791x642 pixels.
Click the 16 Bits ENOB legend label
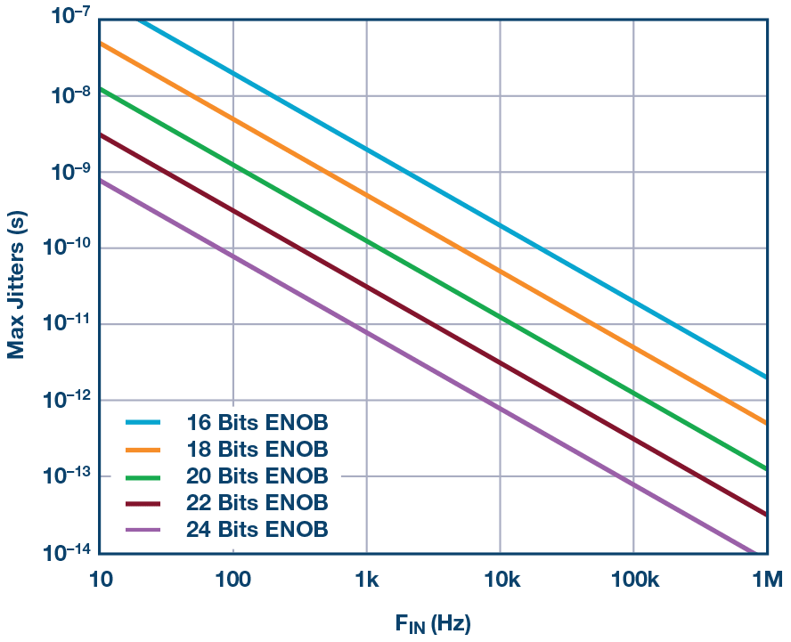tap(257, 421)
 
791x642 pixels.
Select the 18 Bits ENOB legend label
tap(257, 448)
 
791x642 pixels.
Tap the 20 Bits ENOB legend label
tap(257, 475)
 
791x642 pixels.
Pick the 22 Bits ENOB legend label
tap(257, 501)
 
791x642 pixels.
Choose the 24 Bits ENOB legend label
tap(257, 529)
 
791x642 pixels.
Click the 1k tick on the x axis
tap(366, 581)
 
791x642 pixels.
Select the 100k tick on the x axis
tap(632, 581)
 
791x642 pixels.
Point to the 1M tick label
tap(766, 581)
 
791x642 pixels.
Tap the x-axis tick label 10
tap(100, 581)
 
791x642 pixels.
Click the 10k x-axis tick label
tap(500, 581)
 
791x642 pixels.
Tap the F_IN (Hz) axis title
tap(433, 623)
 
